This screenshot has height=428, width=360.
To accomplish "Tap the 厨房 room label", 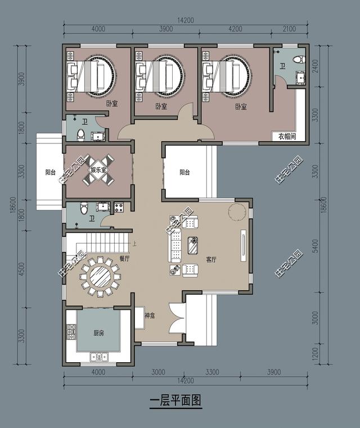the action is point(98,334).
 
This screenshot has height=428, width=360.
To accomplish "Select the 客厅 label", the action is point(211,260).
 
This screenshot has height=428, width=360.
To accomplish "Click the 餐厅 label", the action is point(124,259).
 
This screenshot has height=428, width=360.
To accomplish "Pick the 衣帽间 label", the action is point(287,136).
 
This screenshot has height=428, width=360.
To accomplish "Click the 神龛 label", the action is point(150,316).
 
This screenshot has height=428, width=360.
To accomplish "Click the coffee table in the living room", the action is point(193,245).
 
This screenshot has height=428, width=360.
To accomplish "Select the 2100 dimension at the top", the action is point(290,29).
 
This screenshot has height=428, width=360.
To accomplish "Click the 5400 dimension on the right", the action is point(315,246).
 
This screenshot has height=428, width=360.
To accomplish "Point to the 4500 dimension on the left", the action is point(22,269).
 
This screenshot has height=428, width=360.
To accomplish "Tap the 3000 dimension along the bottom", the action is point(158,372).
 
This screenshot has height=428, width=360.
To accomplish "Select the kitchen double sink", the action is point(100,357).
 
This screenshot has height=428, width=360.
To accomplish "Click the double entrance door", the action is point(177,317).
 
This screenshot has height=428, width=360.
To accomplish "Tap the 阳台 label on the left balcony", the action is point(50,172).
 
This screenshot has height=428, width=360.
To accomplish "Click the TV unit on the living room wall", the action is point(243,246).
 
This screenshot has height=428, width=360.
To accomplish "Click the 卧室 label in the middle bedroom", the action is point(161,106).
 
